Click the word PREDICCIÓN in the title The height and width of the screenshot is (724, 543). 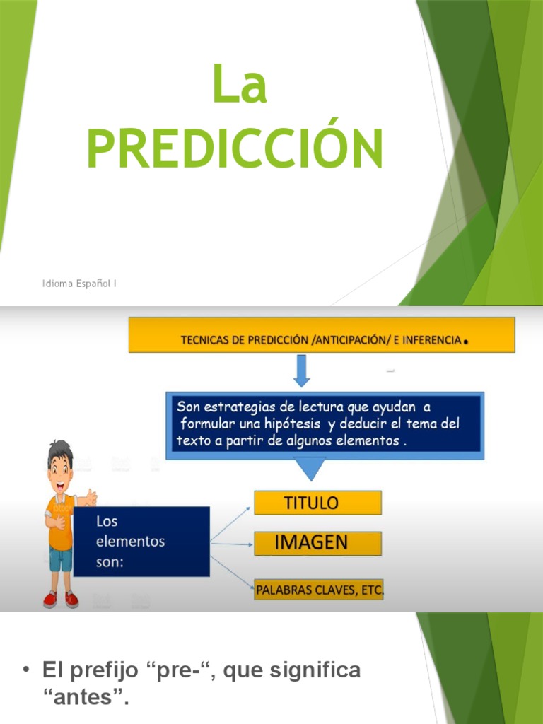[235, 148]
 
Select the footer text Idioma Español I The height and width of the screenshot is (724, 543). [78, 284]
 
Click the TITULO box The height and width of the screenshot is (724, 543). [317, 503]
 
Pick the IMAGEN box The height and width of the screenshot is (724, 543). [317, 543]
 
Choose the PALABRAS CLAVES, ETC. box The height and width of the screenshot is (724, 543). [319, 589]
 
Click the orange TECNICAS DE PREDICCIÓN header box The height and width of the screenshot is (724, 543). [322, 335]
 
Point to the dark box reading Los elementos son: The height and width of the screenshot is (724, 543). [141, 542]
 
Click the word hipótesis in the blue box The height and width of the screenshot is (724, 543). [295, 424]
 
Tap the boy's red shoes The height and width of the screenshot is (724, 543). [61, 600]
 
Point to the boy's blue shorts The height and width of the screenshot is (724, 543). [61, 559]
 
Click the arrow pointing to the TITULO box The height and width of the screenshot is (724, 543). [231, 521]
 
